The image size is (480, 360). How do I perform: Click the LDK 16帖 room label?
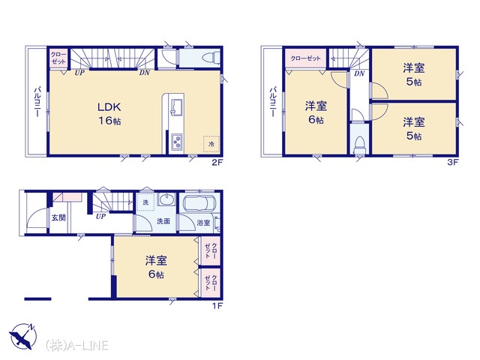(109, 113)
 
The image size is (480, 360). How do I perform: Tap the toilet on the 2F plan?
(212, 57)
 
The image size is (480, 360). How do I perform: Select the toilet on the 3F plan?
(359, 145)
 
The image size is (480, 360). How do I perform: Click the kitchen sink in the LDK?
(177, 107)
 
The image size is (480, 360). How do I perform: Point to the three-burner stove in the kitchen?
(177, 142)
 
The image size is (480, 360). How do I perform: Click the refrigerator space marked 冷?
(211, 143)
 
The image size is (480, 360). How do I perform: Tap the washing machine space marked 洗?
(145, 202)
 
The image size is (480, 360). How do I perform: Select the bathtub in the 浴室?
(199, 203)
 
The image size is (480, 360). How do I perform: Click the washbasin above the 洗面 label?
(166, 200)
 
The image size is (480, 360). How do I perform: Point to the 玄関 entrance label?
(58, 218)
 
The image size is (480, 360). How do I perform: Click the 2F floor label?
(217, 163)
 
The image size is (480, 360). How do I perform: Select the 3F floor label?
(453, 162)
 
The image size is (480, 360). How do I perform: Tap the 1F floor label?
(217, 305)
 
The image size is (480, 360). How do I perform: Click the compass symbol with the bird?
(23, 336)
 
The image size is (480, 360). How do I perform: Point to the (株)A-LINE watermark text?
(76, 345)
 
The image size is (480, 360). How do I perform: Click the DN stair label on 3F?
(359, 73)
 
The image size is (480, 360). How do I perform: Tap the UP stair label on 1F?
(100, 217)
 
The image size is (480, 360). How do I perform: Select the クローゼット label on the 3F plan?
(305, 58)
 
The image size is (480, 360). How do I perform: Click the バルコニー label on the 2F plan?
(38, 102)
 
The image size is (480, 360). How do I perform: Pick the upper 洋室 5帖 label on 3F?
(413, 74)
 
